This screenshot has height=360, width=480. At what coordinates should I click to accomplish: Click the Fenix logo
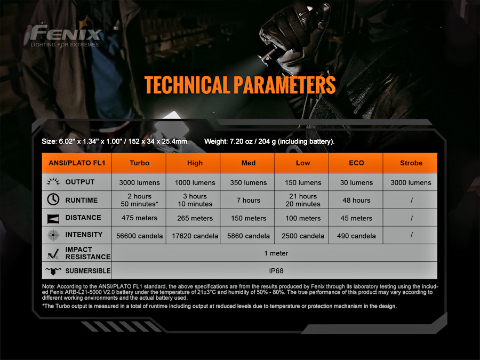[x=63, y=34]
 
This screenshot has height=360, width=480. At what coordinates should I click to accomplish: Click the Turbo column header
[x=139, y=163]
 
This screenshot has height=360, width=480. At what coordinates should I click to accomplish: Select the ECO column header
[x=356, y=163]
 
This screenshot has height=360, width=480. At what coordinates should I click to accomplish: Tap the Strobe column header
[x=411, y=163]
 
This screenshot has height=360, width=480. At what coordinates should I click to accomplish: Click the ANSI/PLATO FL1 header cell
[x=77, y=163]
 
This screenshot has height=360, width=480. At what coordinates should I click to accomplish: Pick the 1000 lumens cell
[x=195, y=182]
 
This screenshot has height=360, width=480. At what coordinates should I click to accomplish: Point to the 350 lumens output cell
[x=248, y=182]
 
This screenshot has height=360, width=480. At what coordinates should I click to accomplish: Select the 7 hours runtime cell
[x=248, y=200]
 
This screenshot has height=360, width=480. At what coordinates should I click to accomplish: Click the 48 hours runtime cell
[x=356, y=200]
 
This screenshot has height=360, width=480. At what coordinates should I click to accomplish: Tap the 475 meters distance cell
[x=139, y=218]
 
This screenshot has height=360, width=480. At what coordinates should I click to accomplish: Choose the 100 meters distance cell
[x=303, y=218]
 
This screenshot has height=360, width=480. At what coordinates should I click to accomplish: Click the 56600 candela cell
[x=139, y=236]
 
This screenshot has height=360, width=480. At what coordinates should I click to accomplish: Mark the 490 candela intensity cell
[x=356, y=236]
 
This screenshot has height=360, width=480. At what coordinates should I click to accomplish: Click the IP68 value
[x=276, y=271]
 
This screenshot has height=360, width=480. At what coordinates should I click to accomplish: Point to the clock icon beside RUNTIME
[x=53, y=199]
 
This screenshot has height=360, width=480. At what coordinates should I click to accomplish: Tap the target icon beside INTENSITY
[x=53, y=235]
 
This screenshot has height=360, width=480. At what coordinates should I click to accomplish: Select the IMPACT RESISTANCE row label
[x=88, y=253]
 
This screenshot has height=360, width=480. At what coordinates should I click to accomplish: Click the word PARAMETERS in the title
[x=284, y=85]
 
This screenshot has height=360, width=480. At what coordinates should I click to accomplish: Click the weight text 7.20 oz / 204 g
[x=252, y=141]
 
